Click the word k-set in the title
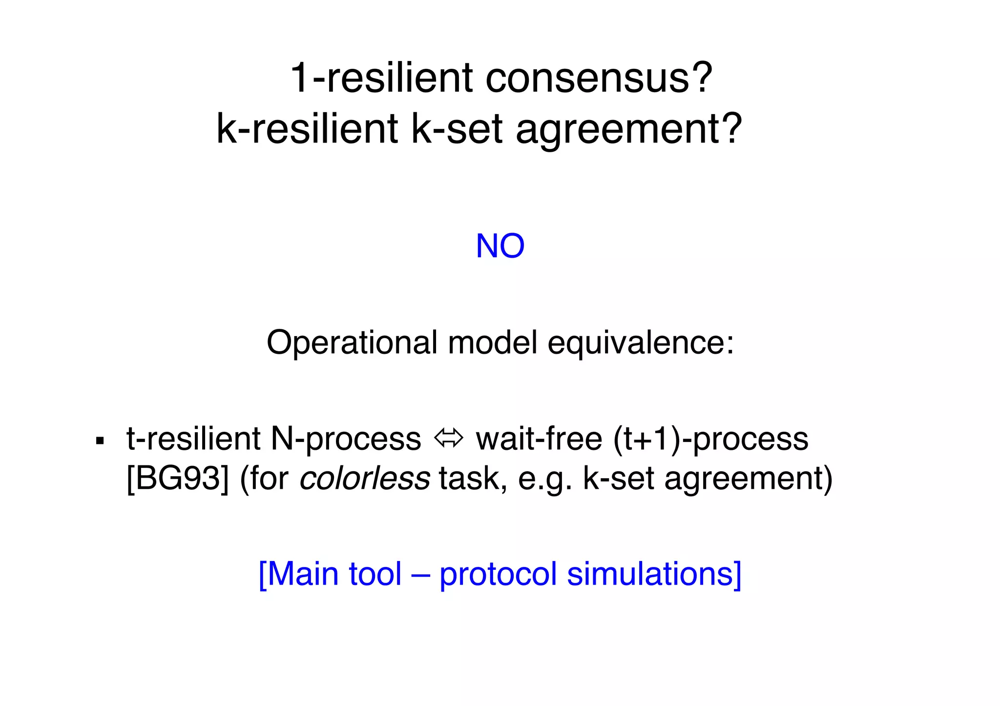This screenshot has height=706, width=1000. pos(457,129)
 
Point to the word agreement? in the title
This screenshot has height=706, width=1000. pos(629,130)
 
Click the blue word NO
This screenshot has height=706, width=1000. pos(500,246)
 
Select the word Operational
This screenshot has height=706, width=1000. pos(352,343)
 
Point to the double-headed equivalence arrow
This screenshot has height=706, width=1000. pos(448,439)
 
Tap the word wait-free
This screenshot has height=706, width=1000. pos(539,439)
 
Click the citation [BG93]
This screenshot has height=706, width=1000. pos(177,479)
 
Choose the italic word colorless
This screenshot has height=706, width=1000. pos(364,479)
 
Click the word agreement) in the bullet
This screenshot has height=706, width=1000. pos(748,480)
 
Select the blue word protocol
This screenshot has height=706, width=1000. pos(498,575)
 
